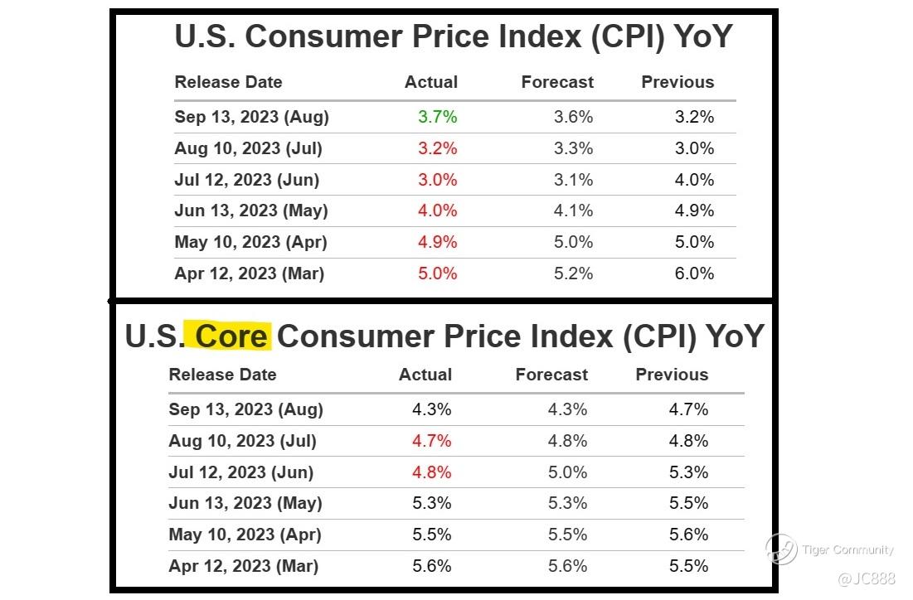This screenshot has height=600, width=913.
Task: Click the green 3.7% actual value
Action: pyautogui.click(x=438, y=117)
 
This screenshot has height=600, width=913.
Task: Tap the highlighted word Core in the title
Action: pyautogui.click(x=232, y=336)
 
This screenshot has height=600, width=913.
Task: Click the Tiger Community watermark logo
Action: pyautogui.click(x=780, y=549)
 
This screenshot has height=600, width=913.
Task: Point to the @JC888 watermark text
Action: pyautogui.click(x=866, y=578)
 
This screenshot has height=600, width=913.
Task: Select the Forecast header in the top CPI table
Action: pyautogui.click(x=557, y=82)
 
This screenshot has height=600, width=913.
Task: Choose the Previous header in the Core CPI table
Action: pyautogui.click(x=672, y=375)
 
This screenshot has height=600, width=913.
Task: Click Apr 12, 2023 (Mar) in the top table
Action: pyautogui.click(x=249, y=273)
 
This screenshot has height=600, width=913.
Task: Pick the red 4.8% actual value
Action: pyautogui.click(x=432, y=472)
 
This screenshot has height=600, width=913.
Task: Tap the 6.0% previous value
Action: pyautogui.click(x=694, y=273)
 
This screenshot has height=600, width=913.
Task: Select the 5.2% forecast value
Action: pyautogui.click(x=573, y=273)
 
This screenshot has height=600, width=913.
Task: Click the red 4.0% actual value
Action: pyautogui.click(x=438, y=210)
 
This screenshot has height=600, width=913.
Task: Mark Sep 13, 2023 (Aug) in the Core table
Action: pyautogui.click(x=245, y=409)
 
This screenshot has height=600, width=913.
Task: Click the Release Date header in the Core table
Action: pyautogui.click(x=222, y=375)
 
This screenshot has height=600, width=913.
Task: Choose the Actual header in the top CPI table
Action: pyautogui.click(x=431, y=82)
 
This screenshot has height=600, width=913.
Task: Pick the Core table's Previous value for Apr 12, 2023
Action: pyautogui.click(x=688, y=566)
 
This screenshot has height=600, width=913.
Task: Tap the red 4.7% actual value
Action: pyautogui.click(x=432, y=441)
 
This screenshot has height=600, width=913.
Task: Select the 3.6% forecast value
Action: pyautogui.click(x=573, y=117)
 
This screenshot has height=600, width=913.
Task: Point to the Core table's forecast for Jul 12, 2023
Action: pyautogui.click(x=567, y=472)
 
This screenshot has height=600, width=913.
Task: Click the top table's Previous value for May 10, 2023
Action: pyautogui.click(x=694, y=242)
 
